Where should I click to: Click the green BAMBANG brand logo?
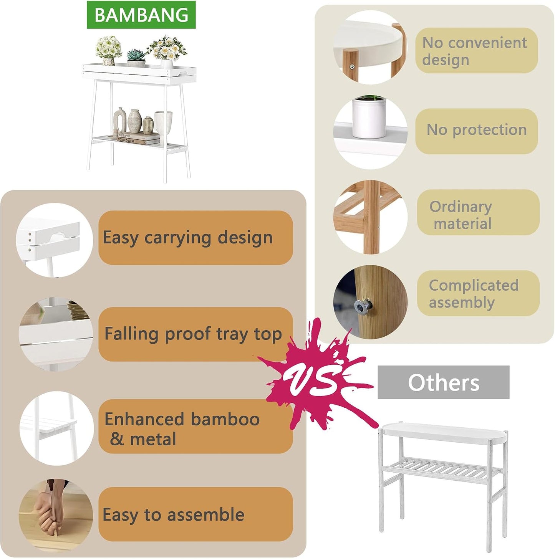click(141, 15)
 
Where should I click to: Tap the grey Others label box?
click(443, 382)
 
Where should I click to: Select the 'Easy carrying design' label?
click(195, 238)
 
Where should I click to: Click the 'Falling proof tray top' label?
click(195, 334)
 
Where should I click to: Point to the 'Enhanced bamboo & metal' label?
click(195, 427)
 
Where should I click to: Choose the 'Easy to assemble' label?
click(195, 514)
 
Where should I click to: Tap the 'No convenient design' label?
click(477, 50)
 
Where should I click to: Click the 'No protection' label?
click(477, 131)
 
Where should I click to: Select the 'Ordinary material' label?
click(478, 212)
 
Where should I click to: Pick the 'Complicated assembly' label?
click(478, 293)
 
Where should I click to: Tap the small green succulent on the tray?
click(136, 55)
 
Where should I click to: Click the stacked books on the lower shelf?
click(139, 138)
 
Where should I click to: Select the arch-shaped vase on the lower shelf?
click(119, 119)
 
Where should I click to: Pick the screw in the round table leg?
click(352, 67)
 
